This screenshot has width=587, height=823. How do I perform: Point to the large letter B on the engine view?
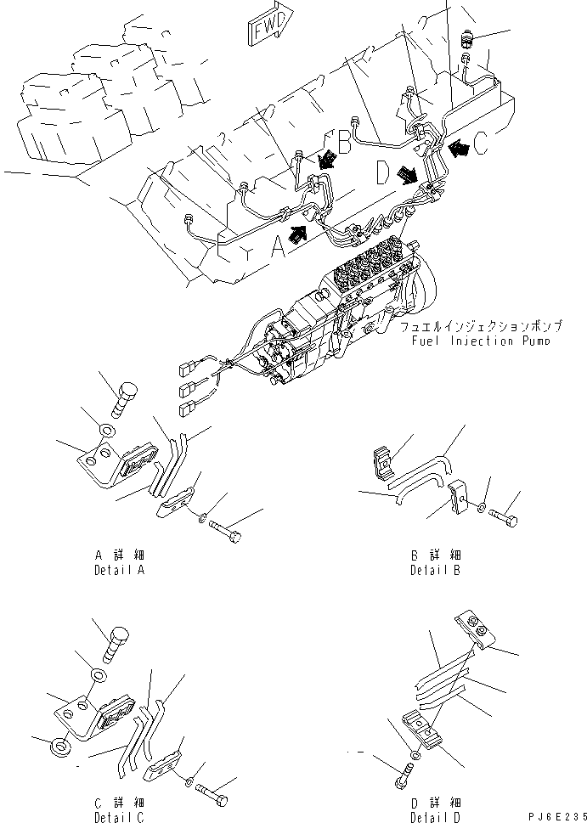343,143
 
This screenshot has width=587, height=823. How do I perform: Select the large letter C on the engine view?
480,145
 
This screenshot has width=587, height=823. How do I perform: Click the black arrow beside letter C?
459,149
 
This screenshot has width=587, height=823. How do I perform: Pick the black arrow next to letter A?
297,234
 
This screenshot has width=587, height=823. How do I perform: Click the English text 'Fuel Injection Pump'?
481,341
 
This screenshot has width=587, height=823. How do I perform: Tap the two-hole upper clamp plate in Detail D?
471,629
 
